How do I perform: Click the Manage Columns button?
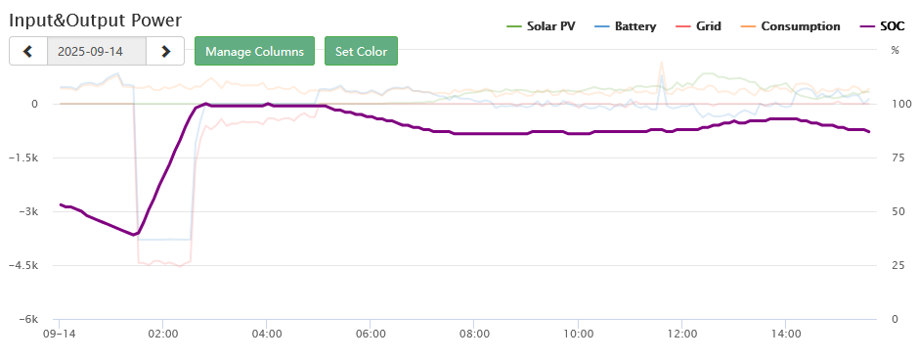click(255, 51)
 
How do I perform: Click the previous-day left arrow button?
click(27, 51)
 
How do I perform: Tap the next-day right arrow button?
click(165, 51)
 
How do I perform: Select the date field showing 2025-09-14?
click(97, 51)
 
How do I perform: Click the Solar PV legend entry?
click(540, 26)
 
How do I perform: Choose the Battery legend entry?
click(625, 26)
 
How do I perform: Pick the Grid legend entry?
click(698, 26)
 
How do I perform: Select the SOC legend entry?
click(882, 26)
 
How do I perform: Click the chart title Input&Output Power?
click(95, 20)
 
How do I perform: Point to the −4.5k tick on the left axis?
click(22, 265)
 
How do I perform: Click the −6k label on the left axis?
click(26, 319)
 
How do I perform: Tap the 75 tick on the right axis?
click(896, 157)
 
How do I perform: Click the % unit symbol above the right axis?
click(895, 50)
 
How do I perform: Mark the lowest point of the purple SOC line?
click(134, 235)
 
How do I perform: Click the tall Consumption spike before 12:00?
click(662, 62)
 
